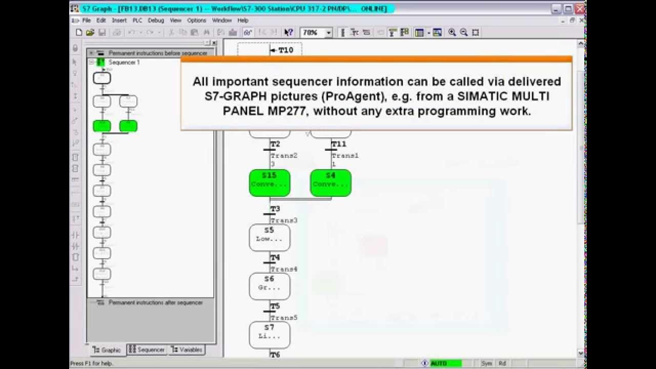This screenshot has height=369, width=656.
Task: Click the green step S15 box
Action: [x=270, y=182]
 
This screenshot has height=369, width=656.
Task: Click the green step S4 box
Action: [x=331, y=182]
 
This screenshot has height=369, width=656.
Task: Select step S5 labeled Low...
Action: [x=270, y=237]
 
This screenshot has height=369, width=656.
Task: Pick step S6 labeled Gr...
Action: [x=270, y=286]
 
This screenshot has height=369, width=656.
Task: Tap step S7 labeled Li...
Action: [x=270, y=335]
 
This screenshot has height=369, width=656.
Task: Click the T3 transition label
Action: [x=275, y=209]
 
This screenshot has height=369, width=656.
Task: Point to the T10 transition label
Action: [x=285, y=50]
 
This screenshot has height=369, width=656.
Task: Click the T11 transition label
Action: [x=339, y=144]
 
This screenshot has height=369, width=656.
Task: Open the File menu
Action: [x=86, y=20]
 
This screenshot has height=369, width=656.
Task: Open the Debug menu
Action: [x=156, y=20]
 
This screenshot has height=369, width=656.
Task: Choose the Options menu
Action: [x=196, y=20]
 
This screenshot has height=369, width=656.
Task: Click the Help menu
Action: [x=243, y=20]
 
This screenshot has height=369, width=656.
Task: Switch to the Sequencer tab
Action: [x=147, y=350]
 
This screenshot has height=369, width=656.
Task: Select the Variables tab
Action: [x=187, y=350]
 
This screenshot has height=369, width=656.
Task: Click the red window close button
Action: [x=580, y=9]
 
